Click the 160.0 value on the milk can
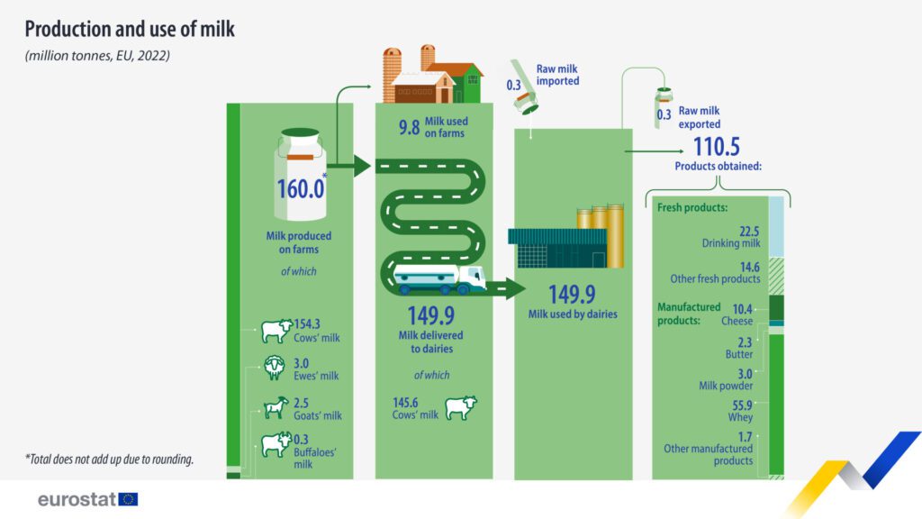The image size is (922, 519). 300,189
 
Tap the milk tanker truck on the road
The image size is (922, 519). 438,278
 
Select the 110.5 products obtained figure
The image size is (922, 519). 716,147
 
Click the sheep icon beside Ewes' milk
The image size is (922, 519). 274,368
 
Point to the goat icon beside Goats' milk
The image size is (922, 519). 276,407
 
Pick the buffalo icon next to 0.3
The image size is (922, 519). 276,445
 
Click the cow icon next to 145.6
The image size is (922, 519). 460,407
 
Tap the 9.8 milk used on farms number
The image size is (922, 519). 410,127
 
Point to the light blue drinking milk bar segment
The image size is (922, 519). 776,226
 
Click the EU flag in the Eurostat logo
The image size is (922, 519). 128,499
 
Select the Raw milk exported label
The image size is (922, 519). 699,117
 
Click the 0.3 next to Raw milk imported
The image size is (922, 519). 513,86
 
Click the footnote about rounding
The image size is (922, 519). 109,459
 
